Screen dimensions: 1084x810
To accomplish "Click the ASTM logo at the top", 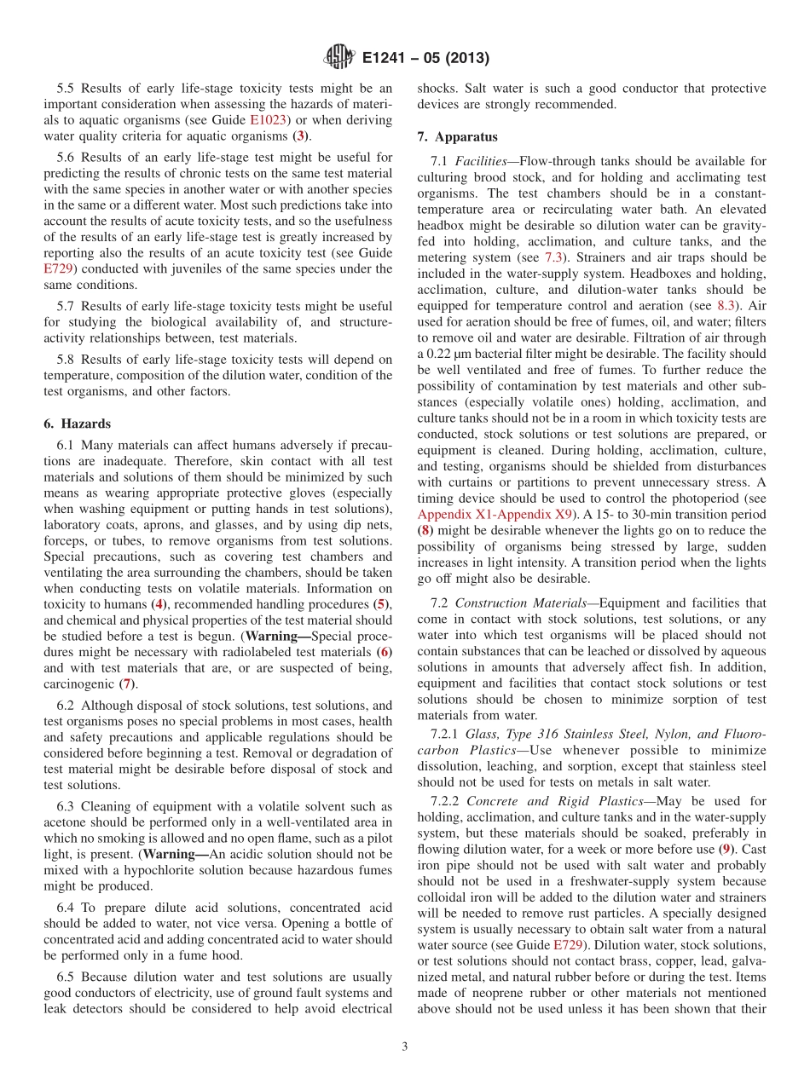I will pos(339,58).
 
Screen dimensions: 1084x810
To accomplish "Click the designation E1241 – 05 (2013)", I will pos(425,58).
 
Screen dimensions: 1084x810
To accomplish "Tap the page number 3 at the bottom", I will pos(405,1047).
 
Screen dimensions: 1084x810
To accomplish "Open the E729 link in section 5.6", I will pos(60,268).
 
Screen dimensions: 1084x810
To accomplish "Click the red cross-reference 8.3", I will pos(726,305).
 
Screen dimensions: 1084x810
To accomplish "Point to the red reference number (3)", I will pos(299,136).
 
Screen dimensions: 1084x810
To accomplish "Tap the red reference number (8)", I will pos(425,530).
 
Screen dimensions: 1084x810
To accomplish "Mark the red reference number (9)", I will pos(724,849).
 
